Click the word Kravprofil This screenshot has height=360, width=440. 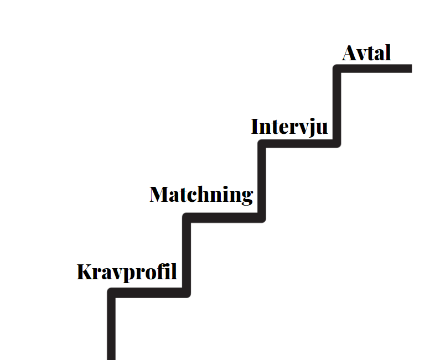click(127, 272)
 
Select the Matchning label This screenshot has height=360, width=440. click(201, 195)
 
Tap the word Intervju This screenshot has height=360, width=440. click(289, 127)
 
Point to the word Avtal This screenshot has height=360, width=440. click(366, 53)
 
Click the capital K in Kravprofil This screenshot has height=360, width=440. click(84, 272)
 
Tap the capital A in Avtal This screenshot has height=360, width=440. click(349, 53)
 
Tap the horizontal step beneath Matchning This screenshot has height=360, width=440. click(224, 218)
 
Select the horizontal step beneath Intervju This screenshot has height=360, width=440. click(299, 143)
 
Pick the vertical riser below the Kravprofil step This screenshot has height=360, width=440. click(111, 326)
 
